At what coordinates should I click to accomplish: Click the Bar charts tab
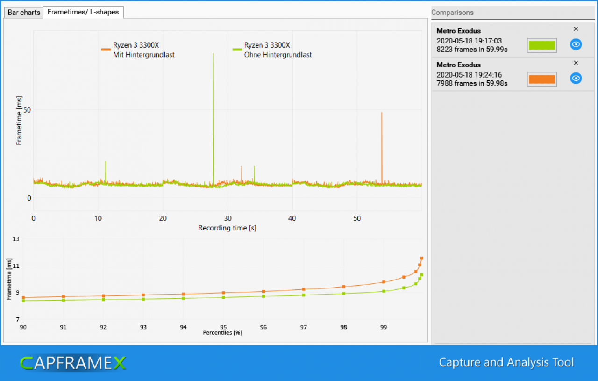pyautogui.click(x=24, y=12)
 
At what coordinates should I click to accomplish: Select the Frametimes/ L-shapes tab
pyautogui.click(x=83, y=12)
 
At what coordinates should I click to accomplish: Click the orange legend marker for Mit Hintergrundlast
pyautogui.click(x=106, y=50)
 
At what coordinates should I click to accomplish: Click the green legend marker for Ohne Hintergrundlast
pyautogui.click(x=237, y=50)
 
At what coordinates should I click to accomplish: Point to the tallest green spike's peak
pyautogui.click(x=213, y=53)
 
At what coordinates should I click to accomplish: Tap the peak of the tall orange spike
pyautogui.click(x=382, y=113)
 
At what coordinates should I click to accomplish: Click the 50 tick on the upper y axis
pyautogui.click(x=27, y=110)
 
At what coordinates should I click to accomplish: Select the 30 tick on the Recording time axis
pyautogui.click(x=228, y=219)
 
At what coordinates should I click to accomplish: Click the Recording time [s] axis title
pyautogui.click(x=227, y=228)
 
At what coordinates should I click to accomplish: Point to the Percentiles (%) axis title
pyautogui.click(x=222, y=333)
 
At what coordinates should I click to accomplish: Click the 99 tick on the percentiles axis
pyautogui.click(x=384, y=327)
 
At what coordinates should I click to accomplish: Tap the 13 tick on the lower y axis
pyautogui.click(x=16, y=239)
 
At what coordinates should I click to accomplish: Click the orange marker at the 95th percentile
pyautogui.click(x=223, y=293)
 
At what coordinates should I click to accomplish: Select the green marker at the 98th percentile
pyautogui.click(x=343, y=294)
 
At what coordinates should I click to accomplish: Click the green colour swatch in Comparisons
pyautogui.click(x=541, y=45)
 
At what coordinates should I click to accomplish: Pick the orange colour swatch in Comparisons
pyautogui.click(x=541, y=79)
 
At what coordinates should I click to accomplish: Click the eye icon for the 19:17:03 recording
pyautogui.click(x=576, y=44)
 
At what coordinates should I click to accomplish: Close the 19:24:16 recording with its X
pyautogui.click(x=576, y=63)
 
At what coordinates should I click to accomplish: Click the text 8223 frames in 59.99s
pyautogui.click(x=472, y=50)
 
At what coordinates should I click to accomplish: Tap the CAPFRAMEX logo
pyautogui.click(x=73, y=363)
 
